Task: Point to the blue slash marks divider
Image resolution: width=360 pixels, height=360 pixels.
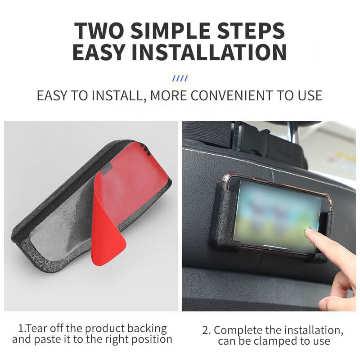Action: click(180, 78)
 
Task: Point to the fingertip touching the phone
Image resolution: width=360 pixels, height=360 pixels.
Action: click(310, 233)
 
